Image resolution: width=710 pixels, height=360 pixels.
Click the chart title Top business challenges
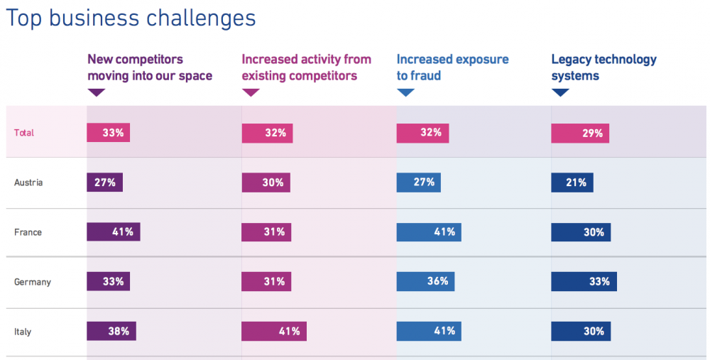point(131,19)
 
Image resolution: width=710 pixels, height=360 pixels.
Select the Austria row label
point(28,182)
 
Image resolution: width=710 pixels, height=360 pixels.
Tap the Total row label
point(24,133)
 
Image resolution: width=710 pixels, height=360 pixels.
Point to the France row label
point(28,232)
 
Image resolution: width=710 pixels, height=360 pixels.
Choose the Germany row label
point(33,282)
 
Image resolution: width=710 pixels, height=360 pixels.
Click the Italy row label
point(23,332)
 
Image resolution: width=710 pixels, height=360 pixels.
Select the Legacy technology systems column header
point(604,67)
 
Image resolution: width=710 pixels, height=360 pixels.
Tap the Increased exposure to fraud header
point(453,67)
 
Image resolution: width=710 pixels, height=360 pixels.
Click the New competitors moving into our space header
point(150,67)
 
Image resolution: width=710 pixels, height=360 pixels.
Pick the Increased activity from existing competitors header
point(307,67)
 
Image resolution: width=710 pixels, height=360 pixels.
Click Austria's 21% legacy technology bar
point(572,182)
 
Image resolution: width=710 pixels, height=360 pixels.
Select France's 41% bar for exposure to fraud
point(429,232)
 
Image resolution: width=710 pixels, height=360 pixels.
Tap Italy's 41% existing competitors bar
point(274,331)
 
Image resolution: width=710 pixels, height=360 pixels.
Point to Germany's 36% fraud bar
point(425,281)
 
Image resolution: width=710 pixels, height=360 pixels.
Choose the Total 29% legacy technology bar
point(580,133)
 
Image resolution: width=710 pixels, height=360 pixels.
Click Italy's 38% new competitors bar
point(111,331)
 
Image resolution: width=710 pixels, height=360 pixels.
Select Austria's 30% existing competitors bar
point(266,182)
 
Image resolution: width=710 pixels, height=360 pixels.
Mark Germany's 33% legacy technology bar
point(584,281)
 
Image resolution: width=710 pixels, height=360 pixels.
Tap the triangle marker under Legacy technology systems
point(560,92)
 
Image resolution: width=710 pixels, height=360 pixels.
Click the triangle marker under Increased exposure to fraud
point(405,92)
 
